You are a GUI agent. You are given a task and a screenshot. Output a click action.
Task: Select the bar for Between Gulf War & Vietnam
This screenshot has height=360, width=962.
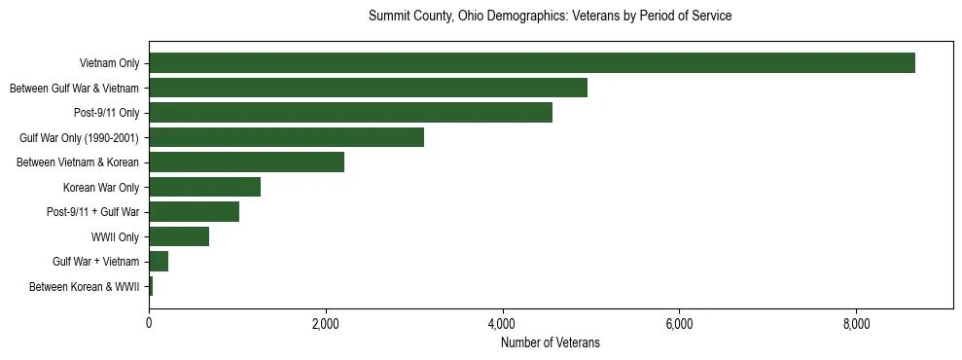[x=368, y=89]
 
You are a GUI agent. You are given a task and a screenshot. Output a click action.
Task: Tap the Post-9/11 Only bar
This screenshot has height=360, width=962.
[x=350, y=113]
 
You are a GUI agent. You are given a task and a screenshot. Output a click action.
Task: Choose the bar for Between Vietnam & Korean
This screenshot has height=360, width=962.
[x=246, y=162]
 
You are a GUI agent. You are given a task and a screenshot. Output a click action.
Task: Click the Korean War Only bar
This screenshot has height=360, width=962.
[x=204, y=187]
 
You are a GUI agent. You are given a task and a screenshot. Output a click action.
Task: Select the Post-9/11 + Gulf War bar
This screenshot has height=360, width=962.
[x=194, y=212]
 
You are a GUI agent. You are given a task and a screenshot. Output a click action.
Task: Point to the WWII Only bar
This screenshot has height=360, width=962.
[x=179, y=236]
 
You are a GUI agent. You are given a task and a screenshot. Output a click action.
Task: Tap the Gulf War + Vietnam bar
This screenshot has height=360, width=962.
[x=159, y=262]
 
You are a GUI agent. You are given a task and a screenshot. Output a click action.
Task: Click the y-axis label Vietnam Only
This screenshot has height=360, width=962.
[x=109, y=64]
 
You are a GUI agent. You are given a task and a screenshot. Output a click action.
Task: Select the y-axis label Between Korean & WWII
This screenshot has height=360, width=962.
[x=85, y=287]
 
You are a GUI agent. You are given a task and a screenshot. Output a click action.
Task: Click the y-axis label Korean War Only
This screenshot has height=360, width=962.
[x=101, y=188]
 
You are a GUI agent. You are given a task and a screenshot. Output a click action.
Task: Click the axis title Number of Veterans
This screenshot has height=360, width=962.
[x=551, y=342]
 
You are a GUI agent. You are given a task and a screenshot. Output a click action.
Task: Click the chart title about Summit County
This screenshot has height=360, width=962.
[x=551, y=17]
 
